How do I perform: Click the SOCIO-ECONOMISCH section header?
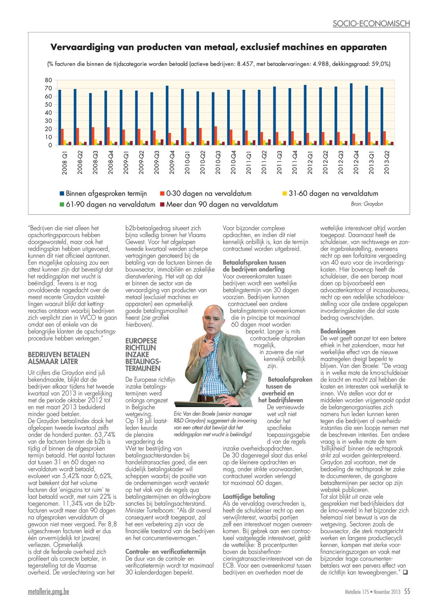(x=371, y=23)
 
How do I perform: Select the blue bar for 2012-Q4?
(x=352, y=114)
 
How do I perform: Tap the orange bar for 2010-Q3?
(x=216, y=136)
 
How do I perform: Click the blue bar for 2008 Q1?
(x=60, y=117)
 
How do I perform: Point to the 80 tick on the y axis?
(x=48, y=80)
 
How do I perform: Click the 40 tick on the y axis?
(x=48, y=113)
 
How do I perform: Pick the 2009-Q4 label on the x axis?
(x=172, y=162)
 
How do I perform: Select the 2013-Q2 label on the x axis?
(x=387, y=162)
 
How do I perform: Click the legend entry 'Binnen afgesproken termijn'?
(x=103, y=194)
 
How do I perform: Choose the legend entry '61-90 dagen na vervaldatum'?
(x=107, y=205)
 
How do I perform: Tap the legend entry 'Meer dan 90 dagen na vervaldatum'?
(x=219, y=205)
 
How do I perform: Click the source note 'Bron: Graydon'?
(x=367, y=204)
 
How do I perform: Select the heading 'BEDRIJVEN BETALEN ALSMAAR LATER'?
(x=58, y=358)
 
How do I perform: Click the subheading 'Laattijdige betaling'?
(x=249, y=496)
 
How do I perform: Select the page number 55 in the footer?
(x=407, y=591)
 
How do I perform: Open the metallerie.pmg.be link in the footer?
(x=49, y=592)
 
